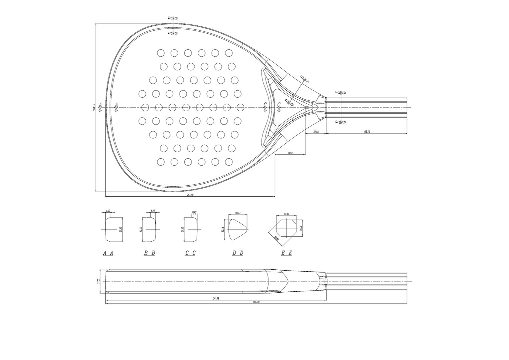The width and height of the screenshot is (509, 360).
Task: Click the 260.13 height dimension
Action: point(95,107)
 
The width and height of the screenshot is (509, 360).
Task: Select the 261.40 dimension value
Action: point(190,195)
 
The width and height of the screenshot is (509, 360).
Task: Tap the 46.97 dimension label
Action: point(290,153)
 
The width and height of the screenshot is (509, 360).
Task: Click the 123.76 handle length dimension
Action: point(366,132)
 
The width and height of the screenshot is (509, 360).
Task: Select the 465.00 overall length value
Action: point(256,302)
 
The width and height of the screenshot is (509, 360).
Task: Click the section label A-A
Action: point(108,253)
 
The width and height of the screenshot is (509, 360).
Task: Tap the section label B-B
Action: point(149,253)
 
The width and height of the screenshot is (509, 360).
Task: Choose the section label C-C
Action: point(190,253)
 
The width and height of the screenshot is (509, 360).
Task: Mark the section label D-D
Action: point(238,253)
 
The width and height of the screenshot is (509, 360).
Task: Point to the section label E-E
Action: point(286,253)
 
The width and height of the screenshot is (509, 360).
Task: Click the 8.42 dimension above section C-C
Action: point(194,212)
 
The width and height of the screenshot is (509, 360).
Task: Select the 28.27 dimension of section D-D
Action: point(238,213)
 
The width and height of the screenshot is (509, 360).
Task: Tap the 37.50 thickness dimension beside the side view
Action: point(99,282)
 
